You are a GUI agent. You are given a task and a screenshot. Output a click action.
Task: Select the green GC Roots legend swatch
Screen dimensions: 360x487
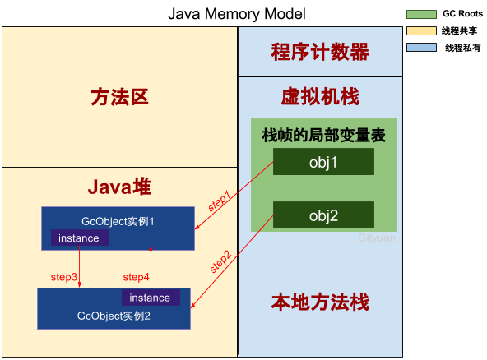(422, 14)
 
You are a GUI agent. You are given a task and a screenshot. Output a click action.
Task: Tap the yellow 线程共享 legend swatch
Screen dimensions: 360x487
(422, 30)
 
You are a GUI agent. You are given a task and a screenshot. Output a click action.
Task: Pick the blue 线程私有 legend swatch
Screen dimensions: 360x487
(422, 48)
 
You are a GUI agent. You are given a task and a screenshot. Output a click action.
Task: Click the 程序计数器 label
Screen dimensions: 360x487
(320, 52)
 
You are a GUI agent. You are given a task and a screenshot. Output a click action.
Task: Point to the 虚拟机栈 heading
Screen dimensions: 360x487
(320, 98)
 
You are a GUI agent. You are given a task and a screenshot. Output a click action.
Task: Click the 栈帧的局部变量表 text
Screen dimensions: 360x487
(323, 136)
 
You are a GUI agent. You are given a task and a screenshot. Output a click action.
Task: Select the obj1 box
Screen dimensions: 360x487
(323, 162)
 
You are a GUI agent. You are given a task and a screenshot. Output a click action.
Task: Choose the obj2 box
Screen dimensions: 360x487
(323, 215)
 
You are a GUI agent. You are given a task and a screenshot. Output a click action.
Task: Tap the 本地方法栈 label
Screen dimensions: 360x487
(320, 302)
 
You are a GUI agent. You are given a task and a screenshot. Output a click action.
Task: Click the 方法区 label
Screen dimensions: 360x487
(119, 98)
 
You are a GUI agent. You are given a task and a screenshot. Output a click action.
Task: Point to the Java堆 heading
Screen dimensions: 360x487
(119, 187)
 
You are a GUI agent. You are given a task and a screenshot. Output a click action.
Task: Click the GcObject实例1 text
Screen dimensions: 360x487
(118, 222)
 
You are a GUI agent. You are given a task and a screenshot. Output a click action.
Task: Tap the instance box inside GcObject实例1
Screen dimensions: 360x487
(79, 238)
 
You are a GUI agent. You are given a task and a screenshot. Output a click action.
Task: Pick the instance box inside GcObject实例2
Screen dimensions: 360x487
(150, 298)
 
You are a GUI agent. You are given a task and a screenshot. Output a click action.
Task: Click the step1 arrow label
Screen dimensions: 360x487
(220, 203)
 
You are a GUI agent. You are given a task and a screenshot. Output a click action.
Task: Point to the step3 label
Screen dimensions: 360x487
(65, 277)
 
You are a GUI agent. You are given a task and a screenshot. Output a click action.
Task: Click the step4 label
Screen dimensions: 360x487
(136, 277)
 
